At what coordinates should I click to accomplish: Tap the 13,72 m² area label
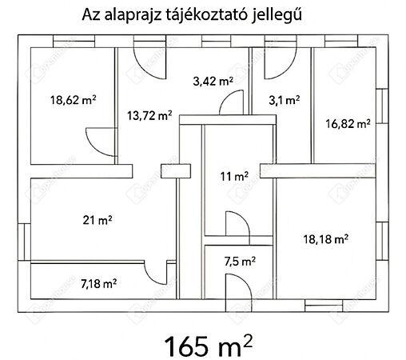149,115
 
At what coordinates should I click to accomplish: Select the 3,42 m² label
213,80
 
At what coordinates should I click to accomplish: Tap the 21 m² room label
98,219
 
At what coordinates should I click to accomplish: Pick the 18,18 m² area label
325,238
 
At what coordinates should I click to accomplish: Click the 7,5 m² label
240,260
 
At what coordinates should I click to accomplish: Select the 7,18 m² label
98,282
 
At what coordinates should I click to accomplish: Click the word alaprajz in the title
133,14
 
